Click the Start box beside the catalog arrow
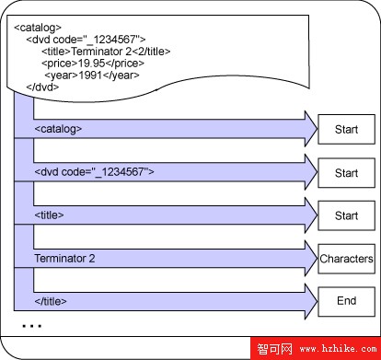(346, 130)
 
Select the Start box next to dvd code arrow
(346, 172)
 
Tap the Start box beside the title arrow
(346, 215)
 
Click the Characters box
(346, 259)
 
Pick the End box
(346, 301)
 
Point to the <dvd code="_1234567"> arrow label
(94, 172)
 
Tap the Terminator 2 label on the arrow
(64, 259)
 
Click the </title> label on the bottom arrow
(52, 301)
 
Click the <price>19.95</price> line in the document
(93, 64)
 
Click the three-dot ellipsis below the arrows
(31, 326)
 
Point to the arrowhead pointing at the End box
(306, 301)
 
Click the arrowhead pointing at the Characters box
(306, 259)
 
